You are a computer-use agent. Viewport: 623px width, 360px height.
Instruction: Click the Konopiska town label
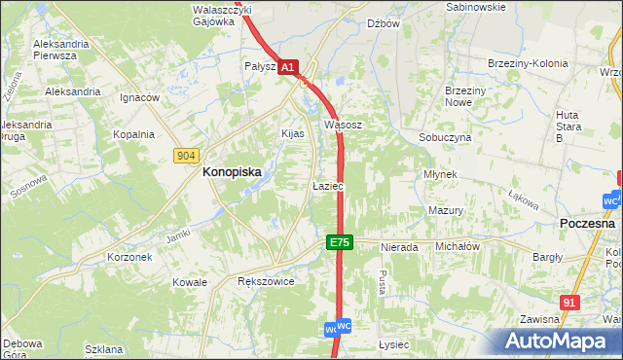(232, 171)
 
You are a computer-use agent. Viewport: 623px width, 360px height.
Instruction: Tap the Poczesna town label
(588, 223)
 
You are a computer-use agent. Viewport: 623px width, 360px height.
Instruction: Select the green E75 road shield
(339, 241)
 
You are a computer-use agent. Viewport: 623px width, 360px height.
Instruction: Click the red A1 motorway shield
(287, 68)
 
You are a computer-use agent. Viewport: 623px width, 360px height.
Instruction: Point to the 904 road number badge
(188, 156)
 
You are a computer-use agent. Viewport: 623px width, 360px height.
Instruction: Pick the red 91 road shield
(570, 303)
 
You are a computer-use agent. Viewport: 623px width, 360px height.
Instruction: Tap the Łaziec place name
(327, 185)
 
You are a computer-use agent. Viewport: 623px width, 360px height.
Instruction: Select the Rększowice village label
(266, 281)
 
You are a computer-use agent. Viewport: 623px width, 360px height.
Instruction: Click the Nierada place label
(399, 247)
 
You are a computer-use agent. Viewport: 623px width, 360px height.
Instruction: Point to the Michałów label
(458, 247)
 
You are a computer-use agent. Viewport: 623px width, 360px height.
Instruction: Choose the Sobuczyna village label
(445, 138)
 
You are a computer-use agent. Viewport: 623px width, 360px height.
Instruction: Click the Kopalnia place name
(134, 135)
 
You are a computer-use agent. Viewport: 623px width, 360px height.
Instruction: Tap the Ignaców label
(139, 98)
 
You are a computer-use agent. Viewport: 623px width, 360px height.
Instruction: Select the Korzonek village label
(129, 258)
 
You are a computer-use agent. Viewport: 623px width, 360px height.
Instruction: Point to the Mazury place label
(445, 210)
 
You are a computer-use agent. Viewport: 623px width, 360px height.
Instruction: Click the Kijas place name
(293, 133)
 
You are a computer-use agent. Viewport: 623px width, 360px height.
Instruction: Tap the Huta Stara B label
(568, 126)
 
